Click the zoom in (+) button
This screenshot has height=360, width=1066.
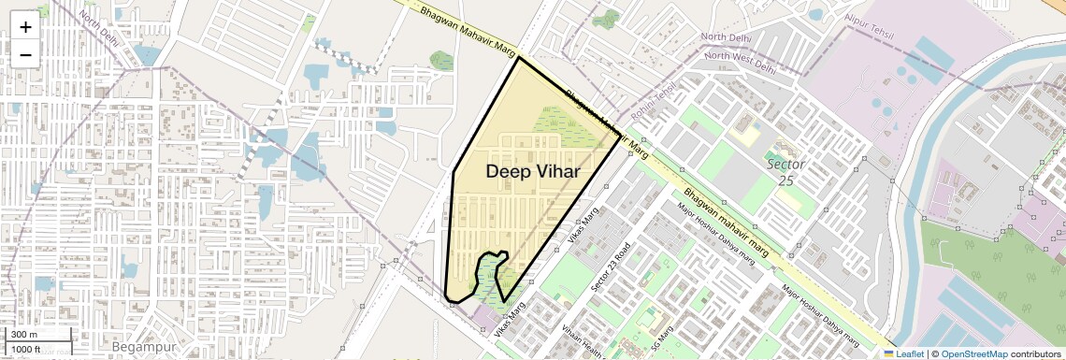(25, 28)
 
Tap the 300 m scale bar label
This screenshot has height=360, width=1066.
(24, 335)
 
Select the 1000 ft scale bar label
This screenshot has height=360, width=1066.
(26, 349)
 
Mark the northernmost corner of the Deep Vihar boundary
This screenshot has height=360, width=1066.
(518, 58)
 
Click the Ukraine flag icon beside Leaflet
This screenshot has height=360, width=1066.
(888, 353)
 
